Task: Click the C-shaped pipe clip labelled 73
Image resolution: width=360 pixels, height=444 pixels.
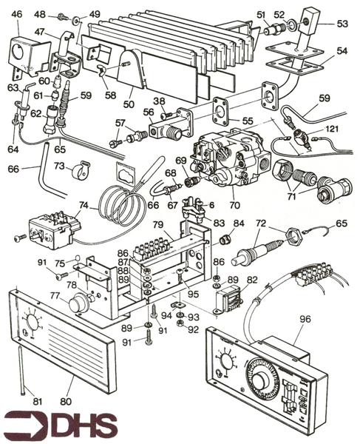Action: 75,176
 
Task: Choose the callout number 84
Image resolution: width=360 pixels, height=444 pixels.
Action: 238,223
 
